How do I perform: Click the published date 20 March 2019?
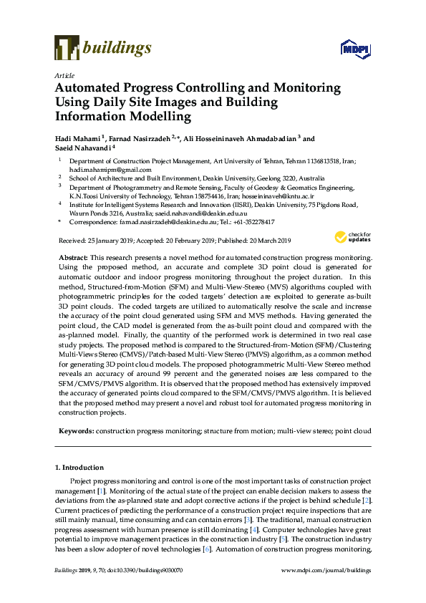[256, 240]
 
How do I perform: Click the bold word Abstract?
[72, 256]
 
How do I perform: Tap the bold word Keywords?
[75, 432]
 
